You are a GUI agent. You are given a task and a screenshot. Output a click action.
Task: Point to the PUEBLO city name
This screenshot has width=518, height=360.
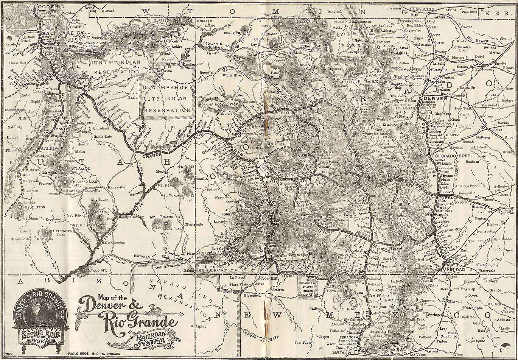click(445, 198)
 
